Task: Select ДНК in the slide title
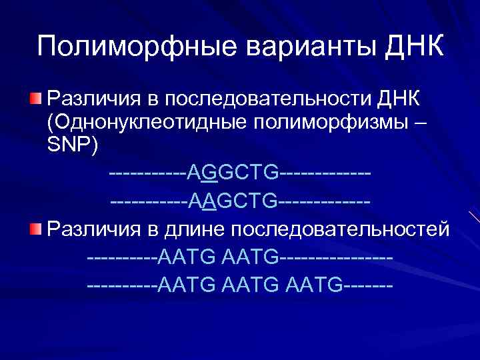(415, 47)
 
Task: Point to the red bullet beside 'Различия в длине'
(35, 230)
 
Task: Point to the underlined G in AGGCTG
(211, 173)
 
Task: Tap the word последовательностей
(341, 230)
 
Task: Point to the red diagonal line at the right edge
(474, 217)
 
